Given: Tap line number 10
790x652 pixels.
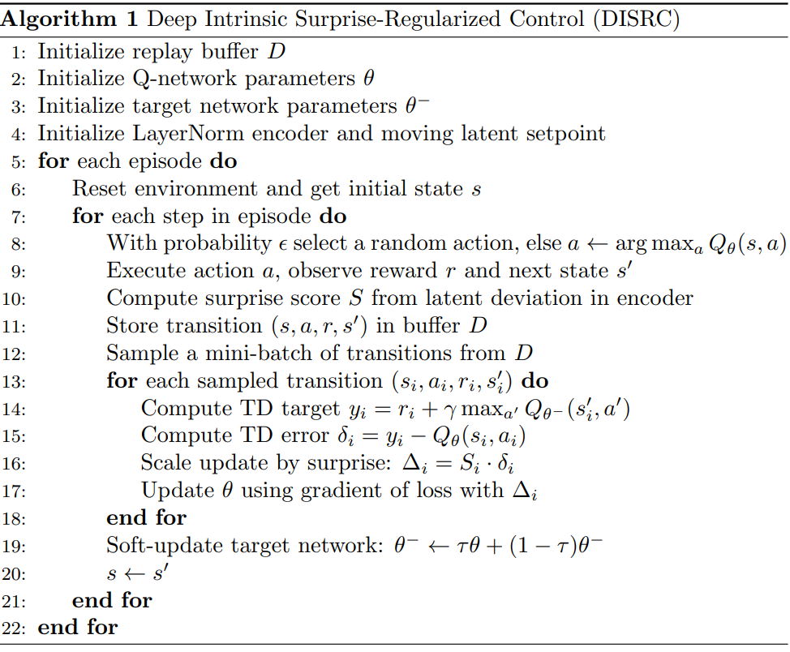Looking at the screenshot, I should click(17, 299).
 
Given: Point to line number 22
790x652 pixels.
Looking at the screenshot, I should click(17, 628).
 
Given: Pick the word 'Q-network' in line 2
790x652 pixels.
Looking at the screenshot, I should click(171, 79).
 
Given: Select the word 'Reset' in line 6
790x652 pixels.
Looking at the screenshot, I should click(97, 189).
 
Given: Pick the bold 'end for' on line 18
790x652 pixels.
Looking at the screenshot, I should click(147, 518).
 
